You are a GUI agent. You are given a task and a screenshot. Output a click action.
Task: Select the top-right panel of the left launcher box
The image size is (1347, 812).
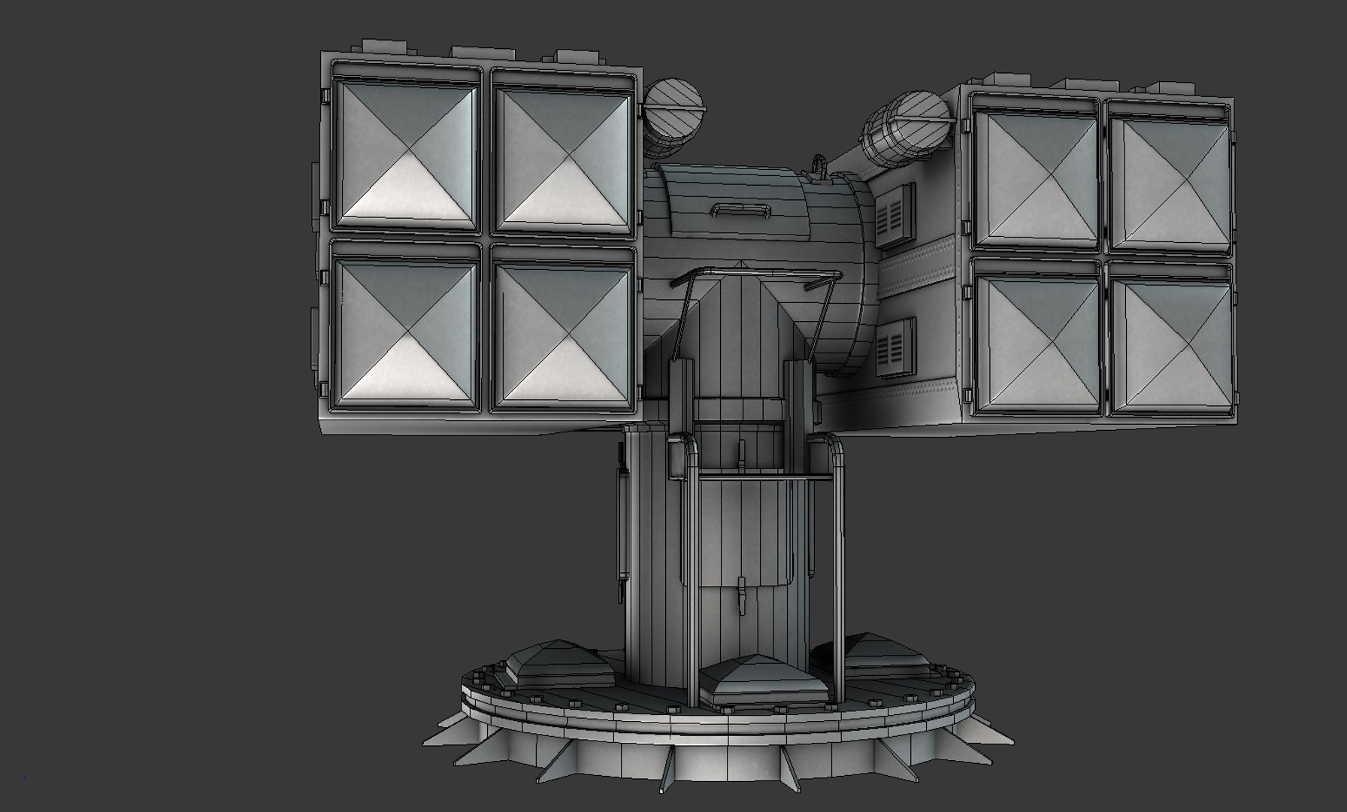click(x=562, y=155)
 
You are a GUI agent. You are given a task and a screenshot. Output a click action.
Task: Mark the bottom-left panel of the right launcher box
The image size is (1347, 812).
click(x=1035, y=343)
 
